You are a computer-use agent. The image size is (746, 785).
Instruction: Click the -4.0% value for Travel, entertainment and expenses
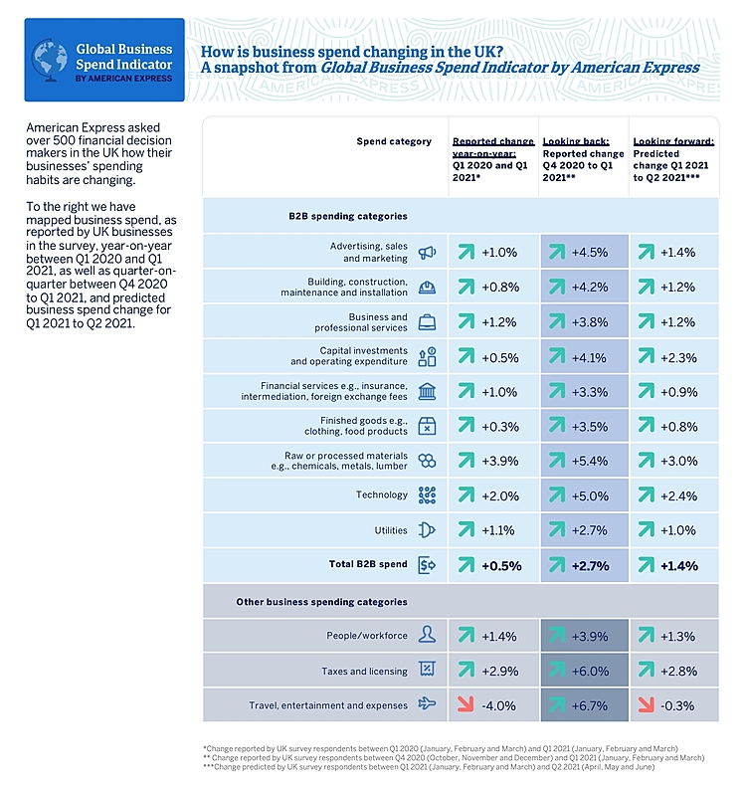click(498, 705)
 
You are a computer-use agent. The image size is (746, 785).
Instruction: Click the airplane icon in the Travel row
click(427, 705)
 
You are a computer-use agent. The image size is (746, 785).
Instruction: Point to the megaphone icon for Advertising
click(427, 253)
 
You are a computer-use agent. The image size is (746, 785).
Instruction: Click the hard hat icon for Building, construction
click(427, 288)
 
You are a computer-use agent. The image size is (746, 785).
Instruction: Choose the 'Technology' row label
click(381, 494)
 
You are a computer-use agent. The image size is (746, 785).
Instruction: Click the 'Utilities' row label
click(390, 529)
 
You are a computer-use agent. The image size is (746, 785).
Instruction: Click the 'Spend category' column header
click(394, 141)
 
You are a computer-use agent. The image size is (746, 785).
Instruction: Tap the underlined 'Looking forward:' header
click(671, 141)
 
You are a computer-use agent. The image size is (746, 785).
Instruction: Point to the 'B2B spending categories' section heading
click(340, 216)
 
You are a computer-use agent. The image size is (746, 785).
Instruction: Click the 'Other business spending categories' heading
click(320, 602)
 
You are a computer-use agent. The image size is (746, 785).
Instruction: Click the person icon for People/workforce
click(427, 635)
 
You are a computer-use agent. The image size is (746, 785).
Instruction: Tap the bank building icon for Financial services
click(427, 391)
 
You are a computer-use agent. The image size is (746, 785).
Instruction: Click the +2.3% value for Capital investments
click(677, 357)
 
